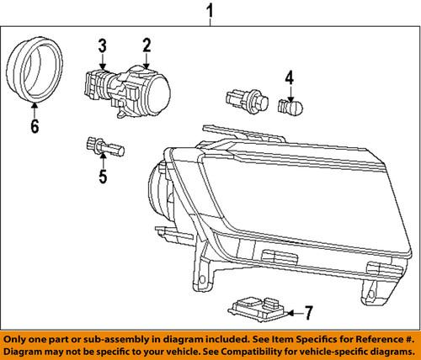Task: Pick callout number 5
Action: point(103,177)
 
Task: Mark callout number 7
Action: point(309,314)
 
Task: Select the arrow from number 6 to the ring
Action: point(34,110)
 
